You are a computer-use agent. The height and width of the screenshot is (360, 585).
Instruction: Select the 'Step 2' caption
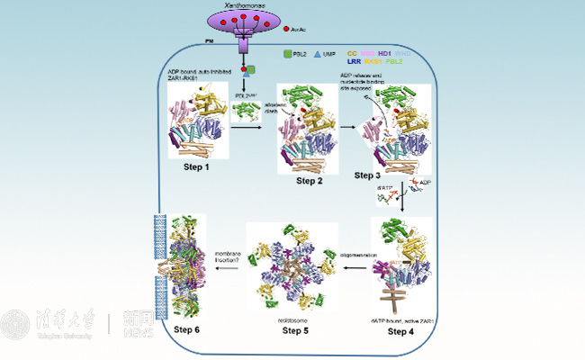point(309,181)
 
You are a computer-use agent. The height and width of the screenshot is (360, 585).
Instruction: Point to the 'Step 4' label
point(403,332)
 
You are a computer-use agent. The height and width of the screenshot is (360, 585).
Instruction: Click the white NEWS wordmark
point(141,330)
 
